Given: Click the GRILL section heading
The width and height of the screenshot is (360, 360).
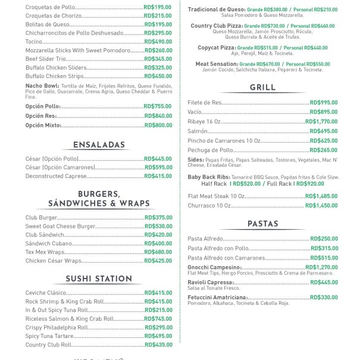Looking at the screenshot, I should pyautogui.click(x=262, y=87).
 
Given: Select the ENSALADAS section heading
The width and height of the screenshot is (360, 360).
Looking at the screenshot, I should pyautogui.click(x=99, y=145).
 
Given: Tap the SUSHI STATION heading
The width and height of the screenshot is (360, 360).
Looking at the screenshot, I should pyautogui.click(x=99, y=278).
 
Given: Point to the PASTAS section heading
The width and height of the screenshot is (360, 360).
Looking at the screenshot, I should pyautogui.click(x=262, y=224).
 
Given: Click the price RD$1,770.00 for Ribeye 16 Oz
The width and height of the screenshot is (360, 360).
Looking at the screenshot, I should pyautogui.click(x=321, y=121).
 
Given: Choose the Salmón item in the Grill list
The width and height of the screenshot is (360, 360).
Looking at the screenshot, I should pyautogui.click(x=198, y=131).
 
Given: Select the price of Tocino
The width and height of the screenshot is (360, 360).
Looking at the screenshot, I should pyautogui.click(x=158, y=42).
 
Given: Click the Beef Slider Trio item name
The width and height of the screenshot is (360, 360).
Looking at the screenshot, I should pyautogui.click(x=45, y=59).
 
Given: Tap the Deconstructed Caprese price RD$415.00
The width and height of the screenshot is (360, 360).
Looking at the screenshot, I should pyautogui.click(x=158, y=176).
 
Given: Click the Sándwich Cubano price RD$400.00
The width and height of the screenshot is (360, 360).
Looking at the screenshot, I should pyautogui.click(x=158, y=243).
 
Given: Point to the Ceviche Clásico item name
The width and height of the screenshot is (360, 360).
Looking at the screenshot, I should pyautogui.click(x=46, y=293).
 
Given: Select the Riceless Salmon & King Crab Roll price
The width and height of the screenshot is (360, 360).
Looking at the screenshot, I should pyautogui.click(x=158, y=319).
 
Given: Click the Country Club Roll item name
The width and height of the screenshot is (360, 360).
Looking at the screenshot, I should pyautogui.click(x=48, y=345).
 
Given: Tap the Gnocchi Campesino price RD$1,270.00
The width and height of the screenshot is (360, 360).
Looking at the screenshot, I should pyautogui.click(x=321, y=268).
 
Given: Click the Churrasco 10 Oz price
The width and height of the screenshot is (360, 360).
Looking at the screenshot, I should pyautogui.click(x=321, y=205).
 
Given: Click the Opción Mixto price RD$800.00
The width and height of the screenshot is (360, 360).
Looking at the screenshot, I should pyautogui.click(x=158, y=126).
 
